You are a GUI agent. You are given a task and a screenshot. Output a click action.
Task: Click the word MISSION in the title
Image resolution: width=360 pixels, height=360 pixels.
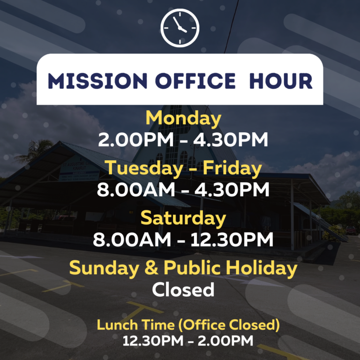[x=97, y=81]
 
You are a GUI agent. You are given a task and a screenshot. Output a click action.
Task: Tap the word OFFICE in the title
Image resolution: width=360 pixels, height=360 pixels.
[x=195, y=81]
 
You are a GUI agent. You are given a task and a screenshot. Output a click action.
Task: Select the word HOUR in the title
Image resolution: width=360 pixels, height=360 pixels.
[x=281, y=81]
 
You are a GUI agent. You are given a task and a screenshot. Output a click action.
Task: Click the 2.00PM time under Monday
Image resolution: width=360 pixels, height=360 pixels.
[x=135, y=140]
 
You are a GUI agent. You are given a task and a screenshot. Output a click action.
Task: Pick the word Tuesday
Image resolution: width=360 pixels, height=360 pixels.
[x=143, y=168]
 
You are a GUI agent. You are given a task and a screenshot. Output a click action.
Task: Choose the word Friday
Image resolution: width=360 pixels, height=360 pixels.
[x=232, y=168]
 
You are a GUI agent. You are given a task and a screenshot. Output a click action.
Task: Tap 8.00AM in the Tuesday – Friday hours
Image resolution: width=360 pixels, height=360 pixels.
[x=135, y=190]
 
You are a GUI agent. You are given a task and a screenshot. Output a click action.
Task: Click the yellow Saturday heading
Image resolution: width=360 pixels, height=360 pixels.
[x=183, y=218]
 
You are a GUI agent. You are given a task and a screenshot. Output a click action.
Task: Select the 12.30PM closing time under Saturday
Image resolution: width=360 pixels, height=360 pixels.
[x=232, y=240]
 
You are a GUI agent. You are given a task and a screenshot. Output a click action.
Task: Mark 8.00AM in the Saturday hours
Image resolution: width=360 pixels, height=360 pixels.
[x=132, y=240]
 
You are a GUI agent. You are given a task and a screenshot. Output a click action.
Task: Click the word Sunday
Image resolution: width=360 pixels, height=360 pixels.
[x=104, y=268]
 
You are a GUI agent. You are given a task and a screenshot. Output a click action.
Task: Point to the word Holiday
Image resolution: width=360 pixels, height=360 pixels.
[x=262, y=268]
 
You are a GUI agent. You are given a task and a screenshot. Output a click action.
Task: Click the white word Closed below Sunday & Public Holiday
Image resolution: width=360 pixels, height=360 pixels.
[x=183, y=290]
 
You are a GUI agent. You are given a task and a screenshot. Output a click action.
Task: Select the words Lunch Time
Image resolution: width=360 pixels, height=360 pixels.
[x=135, y=325]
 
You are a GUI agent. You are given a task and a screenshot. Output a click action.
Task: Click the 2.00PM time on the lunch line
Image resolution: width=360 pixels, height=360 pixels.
[x=225, y=341]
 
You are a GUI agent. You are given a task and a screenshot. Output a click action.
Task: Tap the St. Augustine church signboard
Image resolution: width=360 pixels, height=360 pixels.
[x=79, y=170]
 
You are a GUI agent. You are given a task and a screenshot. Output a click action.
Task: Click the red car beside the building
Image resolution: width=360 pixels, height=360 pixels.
[x=351, y=230]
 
